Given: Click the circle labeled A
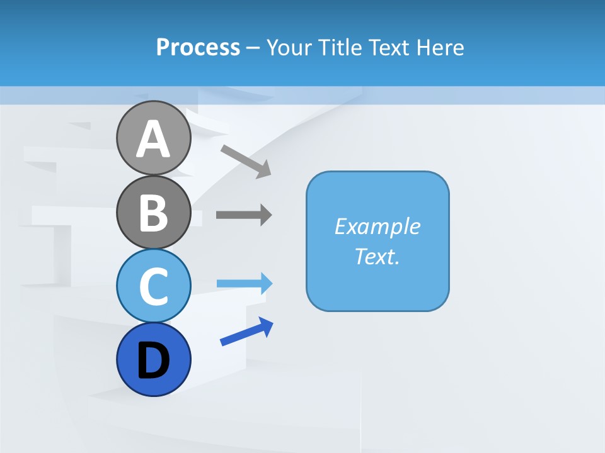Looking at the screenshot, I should pos(154,138).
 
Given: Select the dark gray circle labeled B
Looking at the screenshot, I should pos(154,212).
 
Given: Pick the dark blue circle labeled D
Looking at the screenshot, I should pos(154,359).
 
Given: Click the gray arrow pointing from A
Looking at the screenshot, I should pos(246,160).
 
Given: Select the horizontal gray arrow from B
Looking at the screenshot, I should pos(244,215).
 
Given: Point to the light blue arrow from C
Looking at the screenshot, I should pos(245,284).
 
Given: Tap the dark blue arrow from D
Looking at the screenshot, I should pos(246,332).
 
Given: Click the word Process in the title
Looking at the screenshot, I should pos(198,47).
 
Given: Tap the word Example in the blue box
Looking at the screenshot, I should pos(377,226).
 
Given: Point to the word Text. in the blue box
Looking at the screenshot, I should pos(377,256).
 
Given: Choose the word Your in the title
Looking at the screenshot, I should pos(289,47).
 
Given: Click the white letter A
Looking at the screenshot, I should pos(154,139).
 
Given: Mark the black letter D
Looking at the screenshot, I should pos(154,361).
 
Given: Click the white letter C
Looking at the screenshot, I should pos(154,286).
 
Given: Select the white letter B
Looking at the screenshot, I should pos(154,213).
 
